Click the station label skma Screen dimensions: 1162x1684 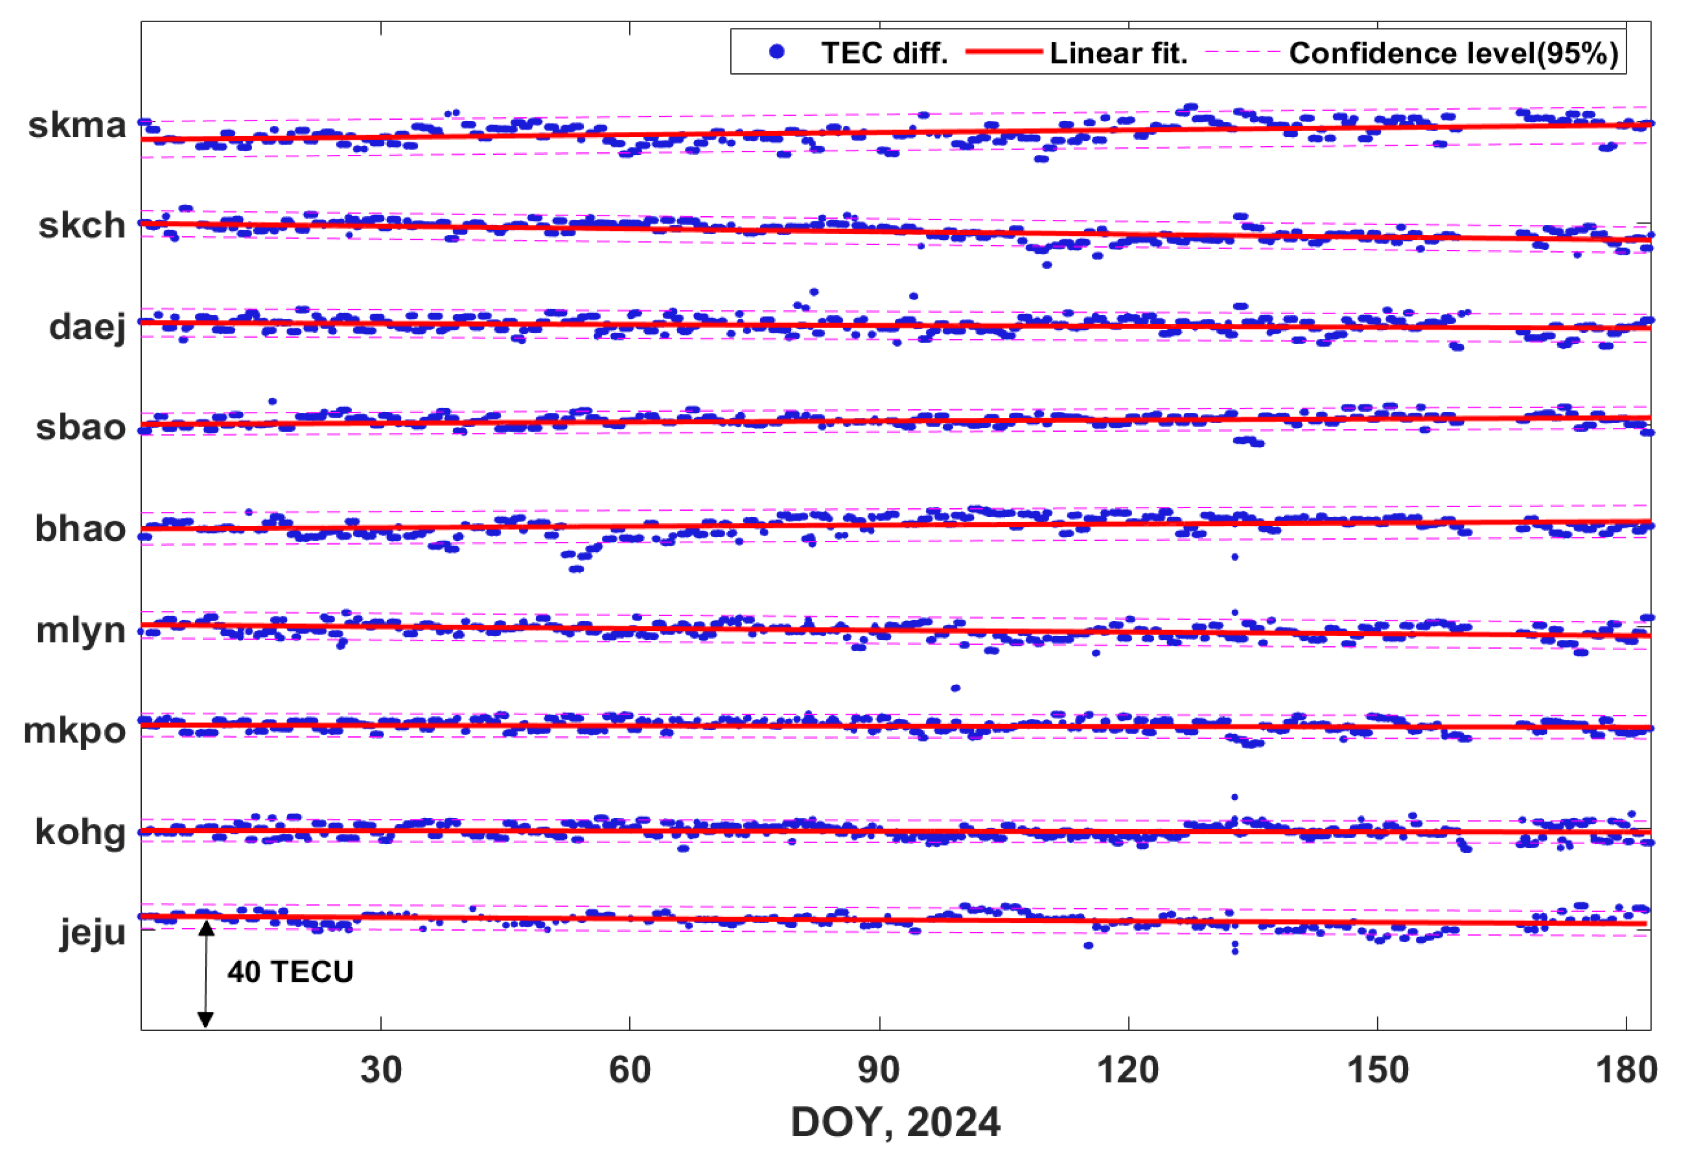[x=77, y=125]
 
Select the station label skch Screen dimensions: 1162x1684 [x=81, y=225]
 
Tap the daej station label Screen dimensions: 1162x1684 [x=87, y=327]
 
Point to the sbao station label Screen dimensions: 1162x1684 [x=81, y=427]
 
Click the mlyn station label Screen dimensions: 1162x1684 [x=81, y=630]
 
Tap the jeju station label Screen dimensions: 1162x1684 [x=92, y=933]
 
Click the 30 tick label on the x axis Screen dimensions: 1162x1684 [x=381, y=1070]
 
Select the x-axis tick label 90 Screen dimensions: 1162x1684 [x=879, y=1070]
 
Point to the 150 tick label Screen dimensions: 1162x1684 [x=1378, y=1070]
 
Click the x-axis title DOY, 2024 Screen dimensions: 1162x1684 [x=895, y=1122]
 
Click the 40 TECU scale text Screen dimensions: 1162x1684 [x=290, y=972]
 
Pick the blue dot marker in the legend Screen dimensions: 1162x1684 [x=777, y=52]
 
